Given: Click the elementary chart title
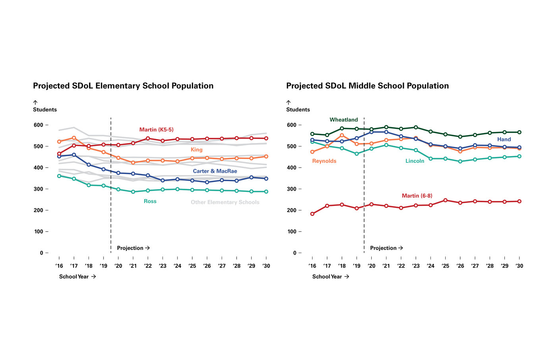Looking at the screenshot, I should point(123,86).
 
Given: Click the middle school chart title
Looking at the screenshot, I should point(367,86).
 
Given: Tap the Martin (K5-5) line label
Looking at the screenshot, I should point(156,130).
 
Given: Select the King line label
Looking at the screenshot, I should point(196,149).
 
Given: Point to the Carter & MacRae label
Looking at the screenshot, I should point(215,171).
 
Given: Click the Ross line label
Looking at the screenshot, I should point(150,201).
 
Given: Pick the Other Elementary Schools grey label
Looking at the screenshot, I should point(225,202).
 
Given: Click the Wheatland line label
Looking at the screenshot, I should point(344,120).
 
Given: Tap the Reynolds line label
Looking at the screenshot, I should point(324,161).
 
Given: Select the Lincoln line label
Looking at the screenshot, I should point(415,161).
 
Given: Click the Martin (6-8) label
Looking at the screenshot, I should point(417,195).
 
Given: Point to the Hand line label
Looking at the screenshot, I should point(504,139).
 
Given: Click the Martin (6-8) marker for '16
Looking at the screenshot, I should point(312,214).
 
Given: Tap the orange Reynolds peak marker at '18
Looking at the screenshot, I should point(342,135).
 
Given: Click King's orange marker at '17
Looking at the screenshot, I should point(74,138).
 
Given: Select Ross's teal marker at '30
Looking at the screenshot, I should point(266,192).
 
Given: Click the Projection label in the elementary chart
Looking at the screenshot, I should point(133,248).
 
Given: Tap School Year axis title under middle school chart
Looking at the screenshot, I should point(330,277).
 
